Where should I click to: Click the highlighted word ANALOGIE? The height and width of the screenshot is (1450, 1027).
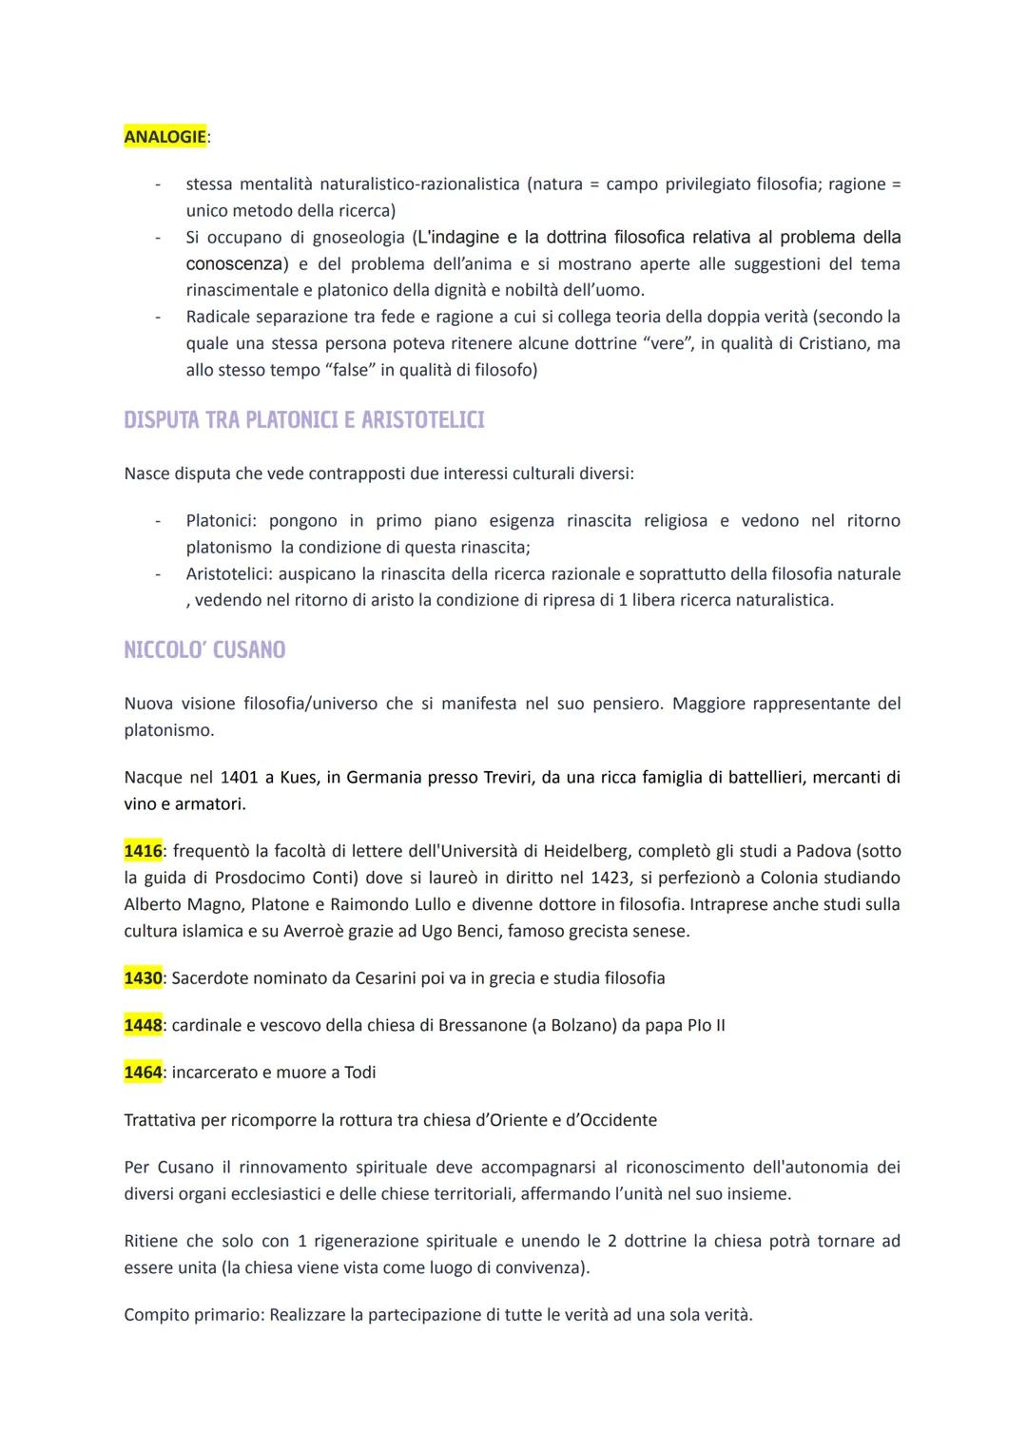click(165, 137)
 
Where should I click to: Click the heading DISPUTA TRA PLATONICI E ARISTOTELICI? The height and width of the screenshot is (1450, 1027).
click(303, 420)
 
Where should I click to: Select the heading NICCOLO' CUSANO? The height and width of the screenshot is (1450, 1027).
click(204, 650)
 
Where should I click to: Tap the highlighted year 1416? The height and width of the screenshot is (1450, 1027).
click(143, 851)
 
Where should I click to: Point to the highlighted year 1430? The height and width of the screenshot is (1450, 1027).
click(143, 978)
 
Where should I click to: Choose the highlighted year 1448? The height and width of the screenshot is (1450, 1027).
click(143, 1025)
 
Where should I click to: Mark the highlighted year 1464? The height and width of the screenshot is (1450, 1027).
click(143, 1073)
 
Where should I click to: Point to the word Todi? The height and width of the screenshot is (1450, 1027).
click(359, 1073)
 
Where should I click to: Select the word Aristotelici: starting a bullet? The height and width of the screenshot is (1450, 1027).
click(231, 574)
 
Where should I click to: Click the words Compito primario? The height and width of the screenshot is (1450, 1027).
click(194, 1315)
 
